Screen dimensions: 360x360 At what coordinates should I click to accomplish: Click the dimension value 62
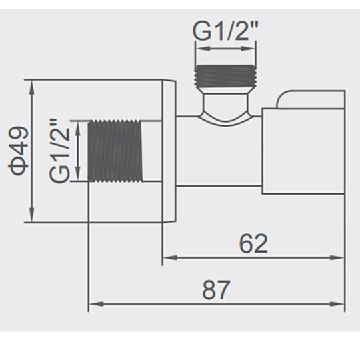[x=253, y=243]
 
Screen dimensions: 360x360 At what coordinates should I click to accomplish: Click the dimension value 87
[x=215, y=290]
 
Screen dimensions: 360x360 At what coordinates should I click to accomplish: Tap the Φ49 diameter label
[x=18, y=151]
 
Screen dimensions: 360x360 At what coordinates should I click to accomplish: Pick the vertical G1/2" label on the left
[x=59, y=151]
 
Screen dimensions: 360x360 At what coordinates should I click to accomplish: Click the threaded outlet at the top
[x=225, y=76]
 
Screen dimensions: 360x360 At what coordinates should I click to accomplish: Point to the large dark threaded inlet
[x=115, y=151]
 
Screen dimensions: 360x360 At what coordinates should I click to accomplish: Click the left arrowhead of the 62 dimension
[x=170, y=257]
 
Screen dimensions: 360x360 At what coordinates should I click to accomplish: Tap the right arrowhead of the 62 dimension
[x=337, y=257]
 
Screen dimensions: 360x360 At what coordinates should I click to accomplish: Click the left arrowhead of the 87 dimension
[x=97, y=304]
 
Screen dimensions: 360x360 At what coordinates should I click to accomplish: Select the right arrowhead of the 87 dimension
[x=337, y=304]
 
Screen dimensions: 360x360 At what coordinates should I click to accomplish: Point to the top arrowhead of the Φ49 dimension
[x=32, y=87]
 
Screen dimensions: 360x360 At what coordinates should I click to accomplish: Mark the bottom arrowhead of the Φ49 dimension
[x=32, y=215]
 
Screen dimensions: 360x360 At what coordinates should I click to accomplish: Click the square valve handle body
[x=303, y=151]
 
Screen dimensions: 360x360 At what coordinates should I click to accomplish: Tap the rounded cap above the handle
[x=311, y=99]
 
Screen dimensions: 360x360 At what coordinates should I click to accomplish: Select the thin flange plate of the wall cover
[x=169, y=151]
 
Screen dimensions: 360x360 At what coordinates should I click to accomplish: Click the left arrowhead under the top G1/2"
[x=202, y=49]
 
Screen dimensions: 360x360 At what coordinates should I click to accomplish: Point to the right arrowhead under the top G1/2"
[x=248, y=49]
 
